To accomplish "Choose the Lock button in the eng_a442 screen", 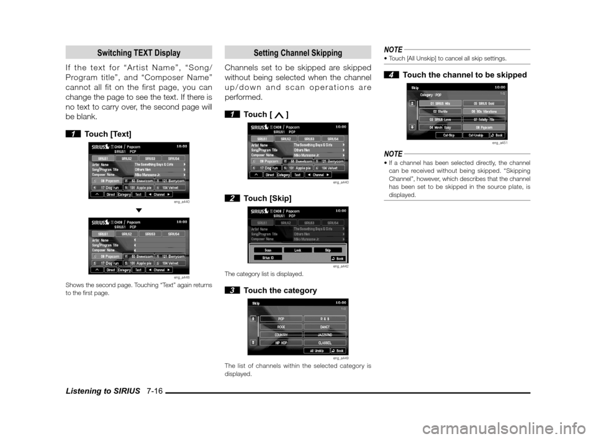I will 298,250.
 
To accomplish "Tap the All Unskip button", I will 317,350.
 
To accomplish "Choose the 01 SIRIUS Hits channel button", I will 440,103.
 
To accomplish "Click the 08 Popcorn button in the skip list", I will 485,126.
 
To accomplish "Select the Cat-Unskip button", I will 477,135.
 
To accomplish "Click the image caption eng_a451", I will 500,143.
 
